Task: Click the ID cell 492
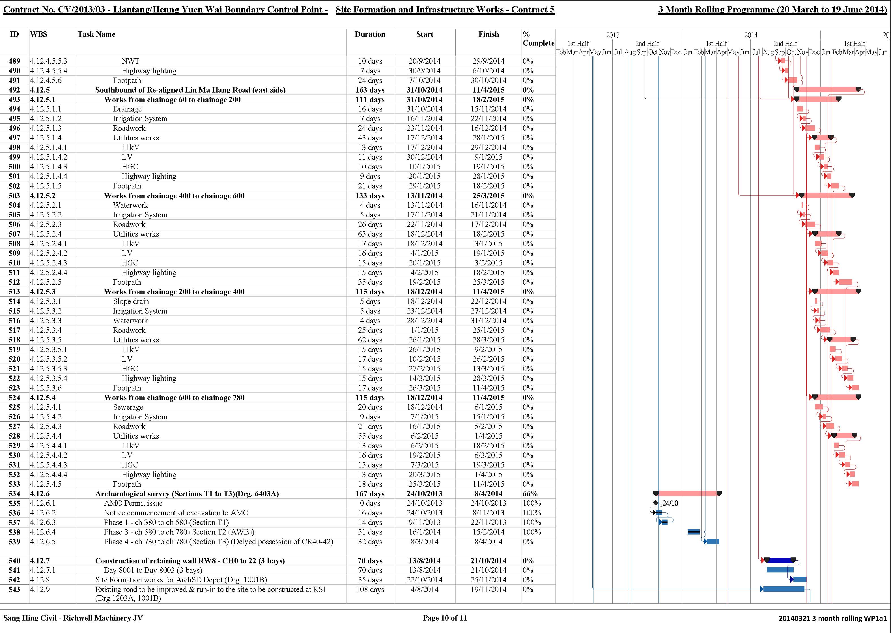14,90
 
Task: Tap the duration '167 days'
370,494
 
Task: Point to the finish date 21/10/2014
488,561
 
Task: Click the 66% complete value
530,494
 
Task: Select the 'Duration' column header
370,34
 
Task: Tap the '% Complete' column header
538,38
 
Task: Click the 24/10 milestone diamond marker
656,503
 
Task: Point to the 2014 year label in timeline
751,35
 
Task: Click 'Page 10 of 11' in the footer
445,618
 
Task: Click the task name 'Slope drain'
131,301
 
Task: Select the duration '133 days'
370,196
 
